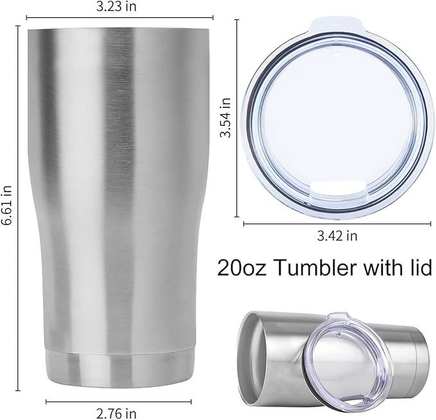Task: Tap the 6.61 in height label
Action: [7, 205]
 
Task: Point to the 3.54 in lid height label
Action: [225, 118]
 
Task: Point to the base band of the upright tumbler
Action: [120, 367]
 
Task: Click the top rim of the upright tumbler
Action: [120, 30]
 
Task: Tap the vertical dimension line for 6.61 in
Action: [17, 205]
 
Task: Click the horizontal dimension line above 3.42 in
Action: [336, 223]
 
